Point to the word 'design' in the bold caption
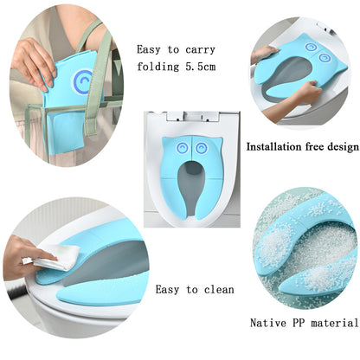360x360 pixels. [338, 146]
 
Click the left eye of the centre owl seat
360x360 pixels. [183, 148]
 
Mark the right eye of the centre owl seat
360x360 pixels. [203, 148]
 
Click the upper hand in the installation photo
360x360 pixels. [264, 54]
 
